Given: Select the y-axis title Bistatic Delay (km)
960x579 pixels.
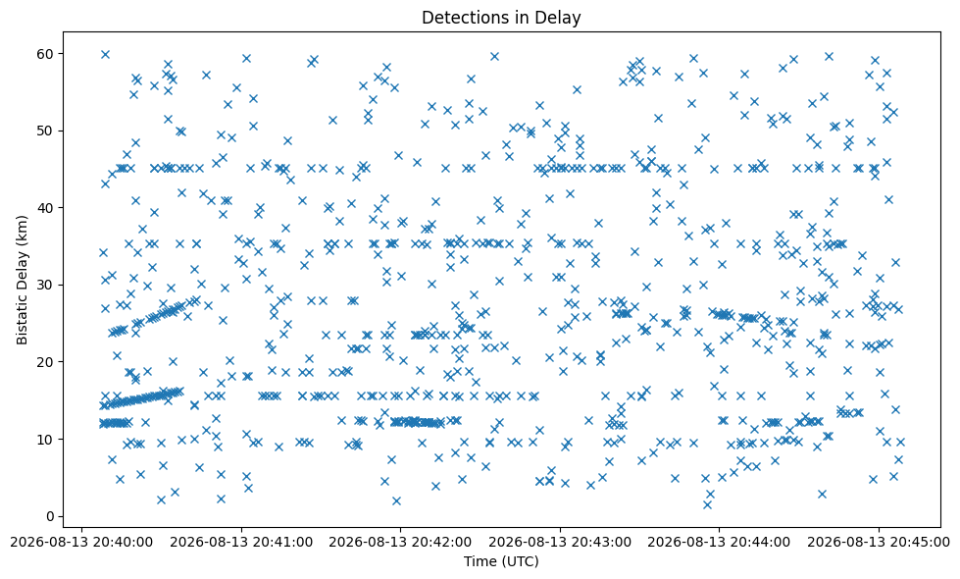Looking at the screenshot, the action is coord(22,280).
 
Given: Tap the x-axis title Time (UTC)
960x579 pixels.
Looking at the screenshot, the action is coord(501,561).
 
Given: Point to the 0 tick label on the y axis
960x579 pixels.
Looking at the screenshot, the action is coord(50,516).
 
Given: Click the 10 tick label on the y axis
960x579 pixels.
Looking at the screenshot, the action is coord(46,440).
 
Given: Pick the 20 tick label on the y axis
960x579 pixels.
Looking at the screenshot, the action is coord(46,362).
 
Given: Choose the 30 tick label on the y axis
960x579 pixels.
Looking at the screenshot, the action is coord(46,285).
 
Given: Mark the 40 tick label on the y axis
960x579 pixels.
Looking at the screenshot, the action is coord(46,208).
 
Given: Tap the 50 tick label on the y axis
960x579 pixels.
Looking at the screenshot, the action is coord(46,131).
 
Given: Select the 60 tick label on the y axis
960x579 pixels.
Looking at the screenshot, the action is coord(46,54).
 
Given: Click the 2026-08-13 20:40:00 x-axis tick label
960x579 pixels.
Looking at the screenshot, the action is coord(82,543).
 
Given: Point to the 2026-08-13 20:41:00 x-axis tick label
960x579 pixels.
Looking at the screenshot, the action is coord(241,543).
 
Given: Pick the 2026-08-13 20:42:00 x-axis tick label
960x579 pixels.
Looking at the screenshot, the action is coord(400,543).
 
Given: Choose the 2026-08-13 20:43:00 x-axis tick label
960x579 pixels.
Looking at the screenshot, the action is coord(560,543).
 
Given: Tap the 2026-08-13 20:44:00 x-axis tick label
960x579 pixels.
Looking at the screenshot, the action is coord(720,543).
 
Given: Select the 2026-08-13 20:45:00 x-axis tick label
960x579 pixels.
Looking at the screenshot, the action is coord(879,543).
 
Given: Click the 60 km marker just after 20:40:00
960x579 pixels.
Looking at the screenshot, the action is coord(105,54).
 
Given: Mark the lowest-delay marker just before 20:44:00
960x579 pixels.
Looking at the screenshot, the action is coord(707,504).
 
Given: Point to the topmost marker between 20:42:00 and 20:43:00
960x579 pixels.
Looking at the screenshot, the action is coord(494,56).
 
